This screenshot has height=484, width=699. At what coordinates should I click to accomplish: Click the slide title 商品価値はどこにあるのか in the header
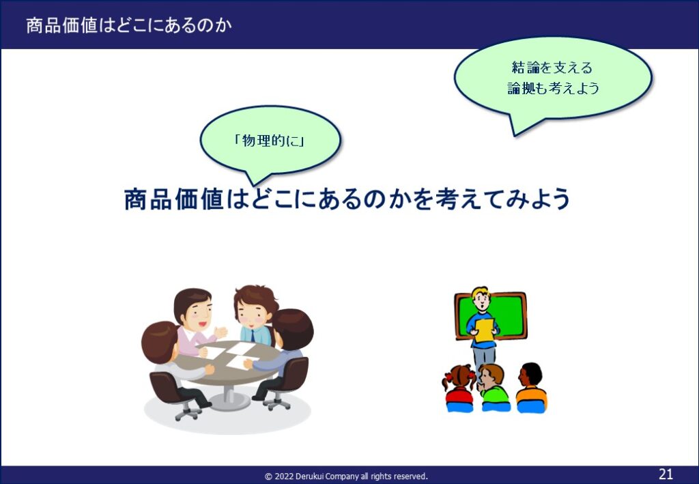tap(129, 25)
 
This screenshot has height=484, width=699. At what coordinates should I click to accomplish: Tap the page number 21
tap(666, 473)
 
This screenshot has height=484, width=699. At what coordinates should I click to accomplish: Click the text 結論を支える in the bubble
tap(552, 68)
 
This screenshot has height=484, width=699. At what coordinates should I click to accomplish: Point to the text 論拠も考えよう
tap(553, 88)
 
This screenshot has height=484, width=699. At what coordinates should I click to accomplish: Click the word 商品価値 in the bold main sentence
tap(174, 199)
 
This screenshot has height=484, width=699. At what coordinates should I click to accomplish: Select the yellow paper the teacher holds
tap(483, 330)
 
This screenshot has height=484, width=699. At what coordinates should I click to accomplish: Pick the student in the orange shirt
tap(531, 388)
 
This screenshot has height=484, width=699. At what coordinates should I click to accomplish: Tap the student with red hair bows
tap(459, 388)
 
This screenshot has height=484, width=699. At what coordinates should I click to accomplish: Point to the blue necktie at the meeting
tap(253, 336)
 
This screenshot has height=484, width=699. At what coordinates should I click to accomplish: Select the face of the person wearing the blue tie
tap(251, 312)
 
